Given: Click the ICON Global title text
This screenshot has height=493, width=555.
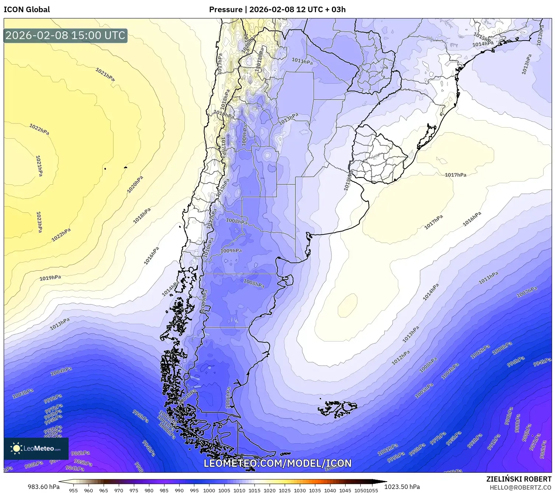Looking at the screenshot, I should pyautogui.click(x=27, y=10).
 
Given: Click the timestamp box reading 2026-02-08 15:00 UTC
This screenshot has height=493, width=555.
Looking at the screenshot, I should pyautogui.click(x=65, y=35).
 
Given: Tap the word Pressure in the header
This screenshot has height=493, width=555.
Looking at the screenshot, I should pyautogui.click(x=226, y=10).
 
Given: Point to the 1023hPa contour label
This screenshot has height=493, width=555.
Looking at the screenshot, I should pyautogui.click(x=39, y=222).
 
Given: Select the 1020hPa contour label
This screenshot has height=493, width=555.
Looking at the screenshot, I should pyautogui.click(x=135, y=185).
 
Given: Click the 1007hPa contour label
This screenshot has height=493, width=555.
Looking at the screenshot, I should pyautogui.click(x=527, y=293).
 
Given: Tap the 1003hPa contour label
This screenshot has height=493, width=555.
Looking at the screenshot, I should pyautogui.click(x=23, y=394).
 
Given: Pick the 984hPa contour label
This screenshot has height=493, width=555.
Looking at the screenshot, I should pyautogui.click(x=75, y=468).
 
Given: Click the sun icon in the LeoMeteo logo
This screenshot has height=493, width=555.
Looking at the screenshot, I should pyautogui.click(x=16, y=448).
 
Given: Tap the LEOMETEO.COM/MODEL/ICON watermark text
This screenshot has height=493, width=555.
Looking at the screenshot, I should pyautogui.click(x=277, y=464).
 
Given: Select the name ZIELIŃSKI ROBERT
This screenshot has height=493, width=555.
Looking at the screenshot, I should pyautogui.click(x=519, y=479).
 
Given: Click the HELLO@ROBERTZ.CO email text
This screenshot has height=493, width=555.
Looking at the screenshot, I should pyautogui.click(x=520, y=487).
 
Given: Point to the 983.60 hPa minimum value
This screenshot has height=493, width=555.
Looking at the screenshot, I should pyautogui.click(x=44, y=487).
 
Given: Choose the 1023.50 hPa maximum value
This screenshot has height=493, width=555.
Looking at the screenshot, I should pyautogui.click(x=402, y=487).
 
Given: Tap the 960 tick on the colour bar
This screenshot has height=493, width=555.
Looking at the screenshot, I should pyautogui.click(x=89, y=490).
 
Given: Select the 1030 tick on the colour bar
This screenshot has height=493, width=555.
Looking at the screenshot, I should pyautogui.click(x=300, y=490).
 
